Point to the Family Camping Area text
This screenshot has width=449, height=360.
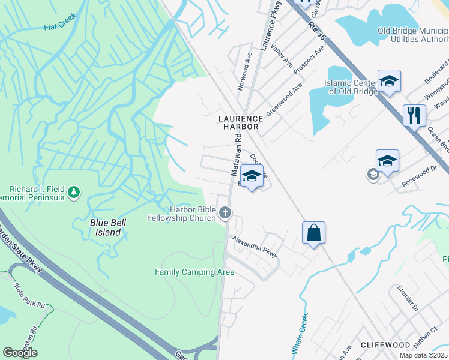(194, 272)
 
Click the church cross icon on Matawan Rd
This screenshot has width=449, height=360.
(225, 212)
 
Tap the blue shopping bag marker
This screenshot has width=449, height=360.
(314, 233)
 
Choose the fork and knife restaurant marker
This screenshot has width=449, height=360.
(414, 115)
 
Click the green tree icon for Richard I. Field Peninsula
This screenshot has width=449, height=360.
(74, 192)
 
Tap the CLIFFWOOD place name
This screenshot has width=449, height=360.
(385, 345)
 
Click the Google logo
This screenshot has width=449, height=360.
(20, 353)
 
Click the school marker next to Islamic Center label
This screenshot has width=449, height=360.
(389, 81)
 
